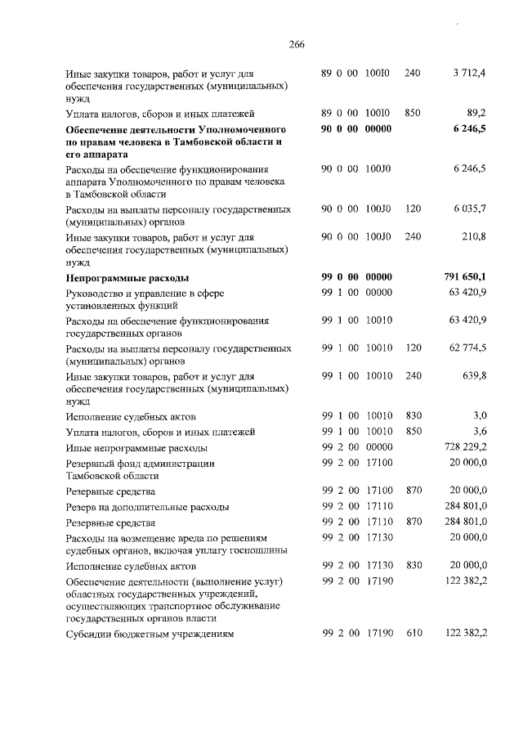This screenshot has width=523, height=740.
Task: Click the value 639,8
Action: point(473,375)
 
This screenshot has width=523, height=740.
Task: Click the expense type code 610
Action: point(413,634)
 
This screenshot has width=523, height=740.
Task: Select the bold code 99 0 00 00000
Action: point(357,278)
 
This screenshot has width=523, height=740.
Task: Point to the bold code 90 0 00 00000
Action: point(357,129)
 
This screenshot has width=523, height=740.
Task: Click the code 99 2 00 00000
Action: point(357,447)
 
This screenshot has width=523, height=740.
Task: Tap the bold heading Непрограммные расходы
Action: point(127,278)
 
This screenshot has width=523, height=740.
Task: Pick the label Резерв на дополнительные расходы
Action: point(147,507)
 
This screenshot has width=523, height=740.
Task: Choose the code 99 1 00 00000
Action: point(357,293)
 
